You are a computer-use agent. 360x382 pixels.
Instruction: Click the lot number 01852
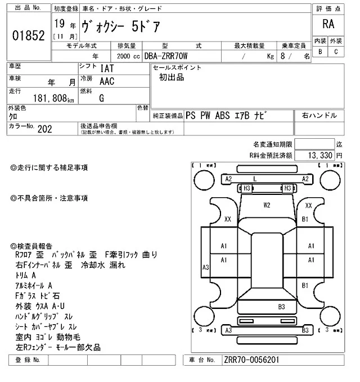[28, 36]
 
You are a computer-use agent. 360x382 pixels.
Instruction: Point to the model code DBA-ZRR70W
[170, 56]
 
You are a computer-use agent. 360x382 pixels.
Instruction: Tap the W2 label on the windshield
[267, 204]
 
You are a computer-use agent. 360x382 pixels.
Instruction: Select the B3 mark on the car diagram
[281, 306]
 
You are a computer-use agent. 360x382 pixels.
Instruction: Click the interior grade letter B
[320, 52]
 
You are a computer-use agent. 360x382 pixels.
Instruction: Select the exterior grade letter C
[336, 52]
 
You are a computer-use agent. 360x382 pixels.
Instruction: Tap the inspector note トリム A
[26, 275]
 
